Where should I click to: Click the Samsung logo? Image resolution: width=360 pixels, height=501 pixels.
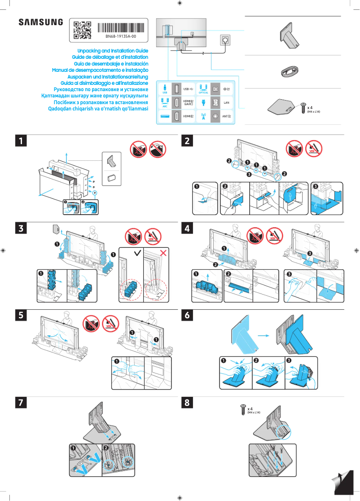click(41, 22)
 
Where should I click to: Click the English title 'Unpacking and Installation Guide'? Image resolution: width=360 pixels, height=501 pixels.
click(113, 51)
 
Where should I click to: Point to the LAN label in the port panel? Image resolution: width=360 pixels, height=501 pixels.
click(227, 102)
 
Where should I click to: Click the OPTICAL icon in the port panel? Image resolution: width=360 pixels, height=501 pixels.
click(203, 88)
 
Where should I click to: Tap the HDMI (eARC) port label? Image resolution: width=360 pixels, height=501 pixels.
click(189, 102)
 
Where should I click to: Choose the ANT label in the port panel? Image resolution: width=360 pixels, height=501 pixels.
click(227, 117)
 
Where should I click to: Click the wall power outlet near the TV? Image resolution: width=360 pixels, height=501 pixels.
click(223, 40)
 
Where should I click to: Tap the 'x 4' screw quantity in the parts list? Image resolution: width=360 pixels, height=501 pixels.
click(310, 108)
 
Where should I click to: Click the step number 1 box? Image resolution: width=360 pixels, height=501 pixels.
click(20, 141)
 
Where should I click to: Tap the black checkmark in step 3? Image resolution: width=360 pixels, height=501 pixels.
click(136, 254)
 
